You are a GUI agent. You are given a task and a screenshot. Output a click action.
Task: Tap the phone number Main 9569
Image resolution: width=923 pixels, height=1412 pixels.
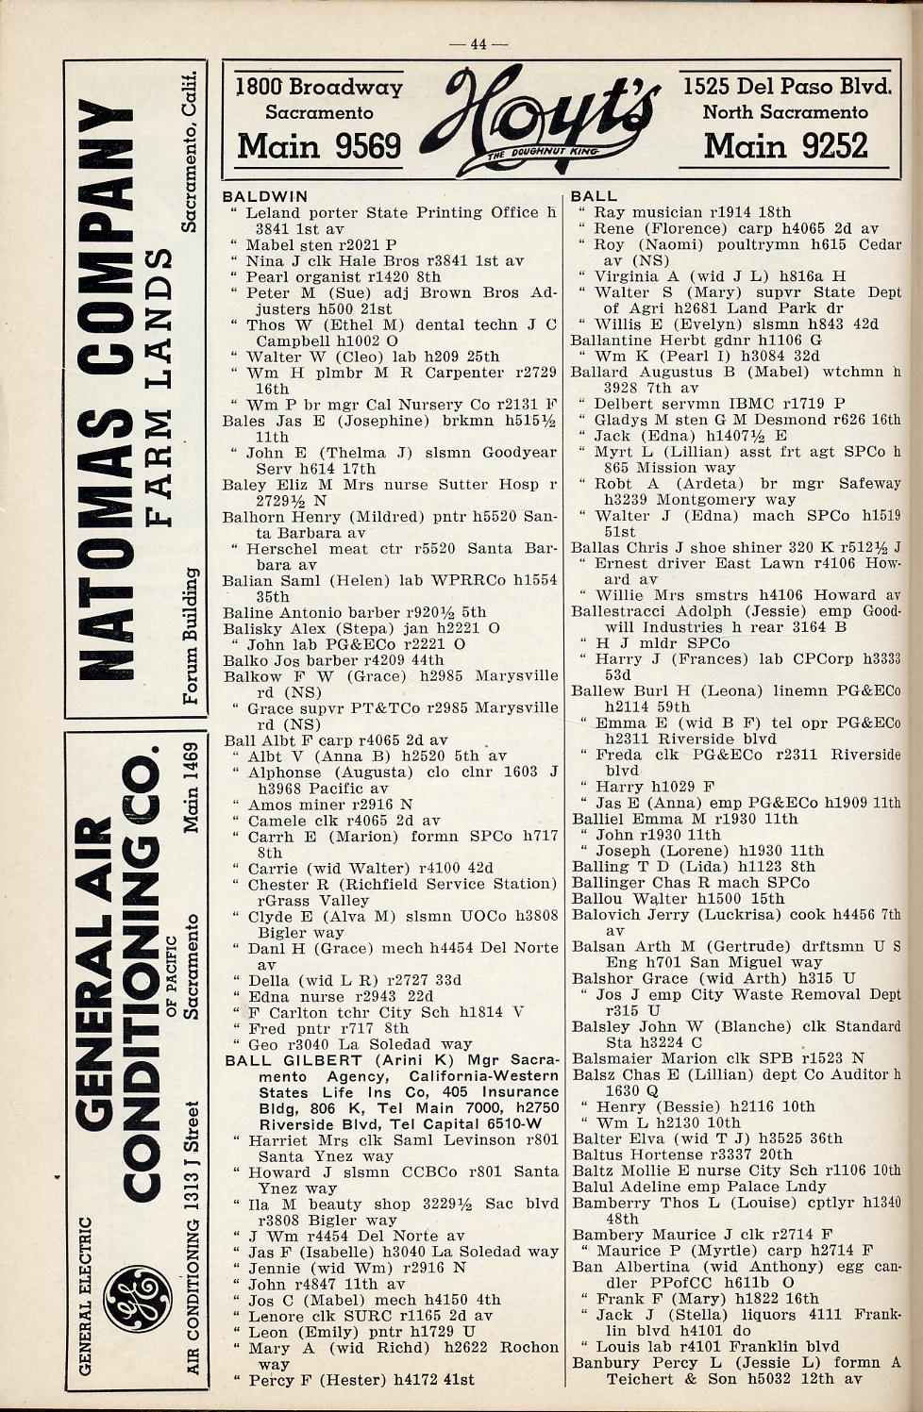pos(319,146)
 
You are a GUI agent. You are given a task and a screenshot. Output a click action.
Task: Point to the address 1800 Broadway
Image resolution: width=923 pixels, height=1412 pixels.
pos(319,88)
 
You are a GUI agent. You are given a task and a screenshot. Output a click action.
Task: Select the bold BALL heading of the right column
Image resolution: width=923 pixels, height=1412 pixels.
pos(594,196)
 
